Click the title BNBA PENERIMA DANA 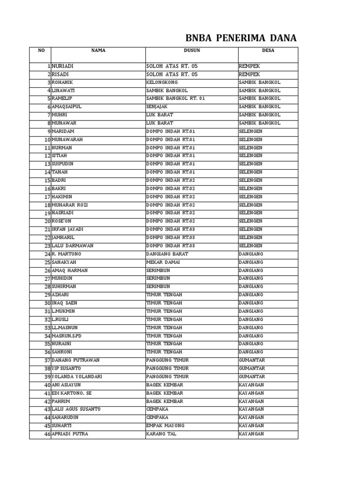point(241,38)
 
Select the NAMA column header point(98,51)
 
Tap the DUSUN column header point(192,51)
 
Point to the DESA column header point(268,51)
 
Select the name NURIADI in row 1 point(63,67)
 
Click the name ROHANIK point(62,82)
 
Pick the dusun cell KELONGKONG point(162,82)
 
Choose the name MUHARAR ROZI point(70,205)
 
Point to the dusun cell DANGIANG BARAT point(167,254)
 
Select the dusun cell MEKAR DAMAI point(163,262)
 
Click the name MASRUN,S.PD point(67,336)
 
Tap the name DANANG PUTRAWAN point(75,360)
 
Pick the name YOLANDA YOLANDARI point(77,377)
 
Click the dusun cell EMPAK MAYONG point(165,426)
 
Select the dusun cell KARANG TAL point(161,434)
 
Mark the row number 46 point(47,435)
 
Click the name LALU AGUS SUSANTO point(76,409)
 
